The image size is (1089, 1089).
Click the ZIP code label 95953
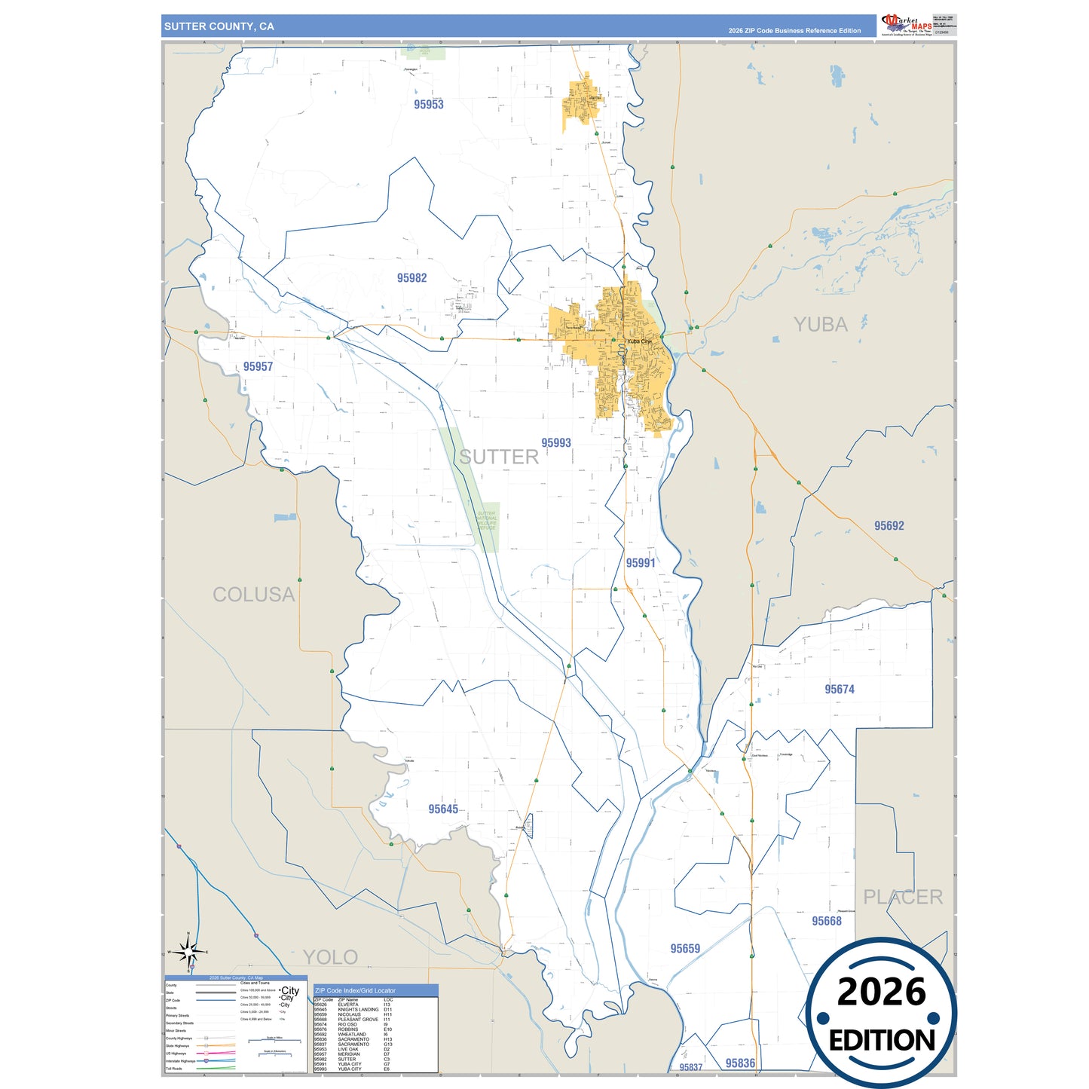click(x=428, y=105)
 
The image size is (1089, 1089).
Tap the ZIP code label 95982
click(x=411, y=278)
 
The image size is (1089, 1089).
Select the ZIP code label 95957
click(x=258, y=366)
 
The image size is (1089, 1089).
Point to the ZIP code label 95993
click(x=555, y=443)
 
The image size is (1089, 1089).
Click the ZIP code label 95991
click(x=640, y=563)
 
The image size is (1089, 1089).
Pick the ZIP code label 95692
click(x=889, y=526)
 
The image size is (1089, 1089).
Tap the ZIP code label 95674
click(x=839, y=690)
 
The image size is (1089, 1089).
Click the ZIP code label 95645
click(x=442, y=809)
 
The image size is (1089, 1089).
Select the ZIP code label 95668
click(x=826, y=921)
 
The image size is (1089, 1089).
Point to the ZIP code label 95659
click(x=685, y=949)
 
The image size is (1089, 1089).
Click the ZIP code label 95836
click(x=740, y=1063)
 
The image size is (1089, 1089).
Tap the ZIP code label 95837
click(x=690, y=1067)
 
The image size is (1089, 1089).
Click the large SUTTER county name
click(x=498, y=457)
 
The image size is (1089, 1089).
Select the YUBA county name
click(x=820, y=325)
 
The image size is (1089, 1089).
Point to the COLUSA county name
click(x=253, y=595)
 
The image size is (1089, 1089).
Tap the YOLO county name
click(x=330, y=957)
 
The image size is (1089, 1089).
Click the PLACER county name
click(x=902, y=897)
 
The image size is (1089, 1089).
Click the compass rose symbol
click(x=188, y=952)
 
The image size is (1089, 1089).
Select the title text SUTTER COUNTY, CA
click(x=219, y=26)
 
